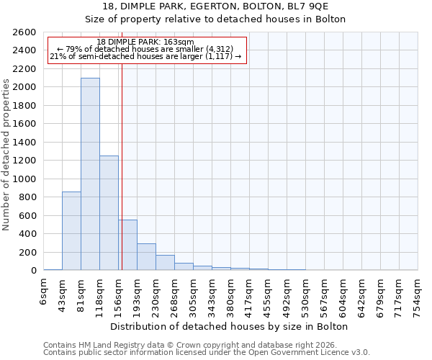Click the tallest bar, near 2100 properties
click(90, 174)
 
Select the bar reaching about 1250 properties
click(109, 212)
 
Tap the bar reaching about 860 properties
click(71, 230)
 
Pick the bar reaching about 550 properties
click(127, 245)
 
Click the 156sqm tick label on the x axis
click(119, 294)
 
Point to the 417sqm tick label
click(250, 294)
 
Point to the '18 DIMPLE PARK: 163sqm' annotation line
click(145, 42)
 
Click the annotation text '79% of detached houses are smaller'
click(145, 50)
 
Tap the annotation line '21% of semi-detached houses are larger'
click(145, 57)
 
